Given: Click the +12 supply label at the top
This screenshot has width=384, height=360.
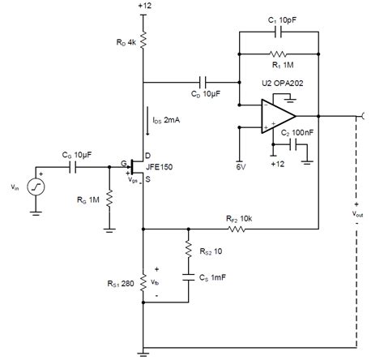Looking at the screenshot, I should click(144, 7).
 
